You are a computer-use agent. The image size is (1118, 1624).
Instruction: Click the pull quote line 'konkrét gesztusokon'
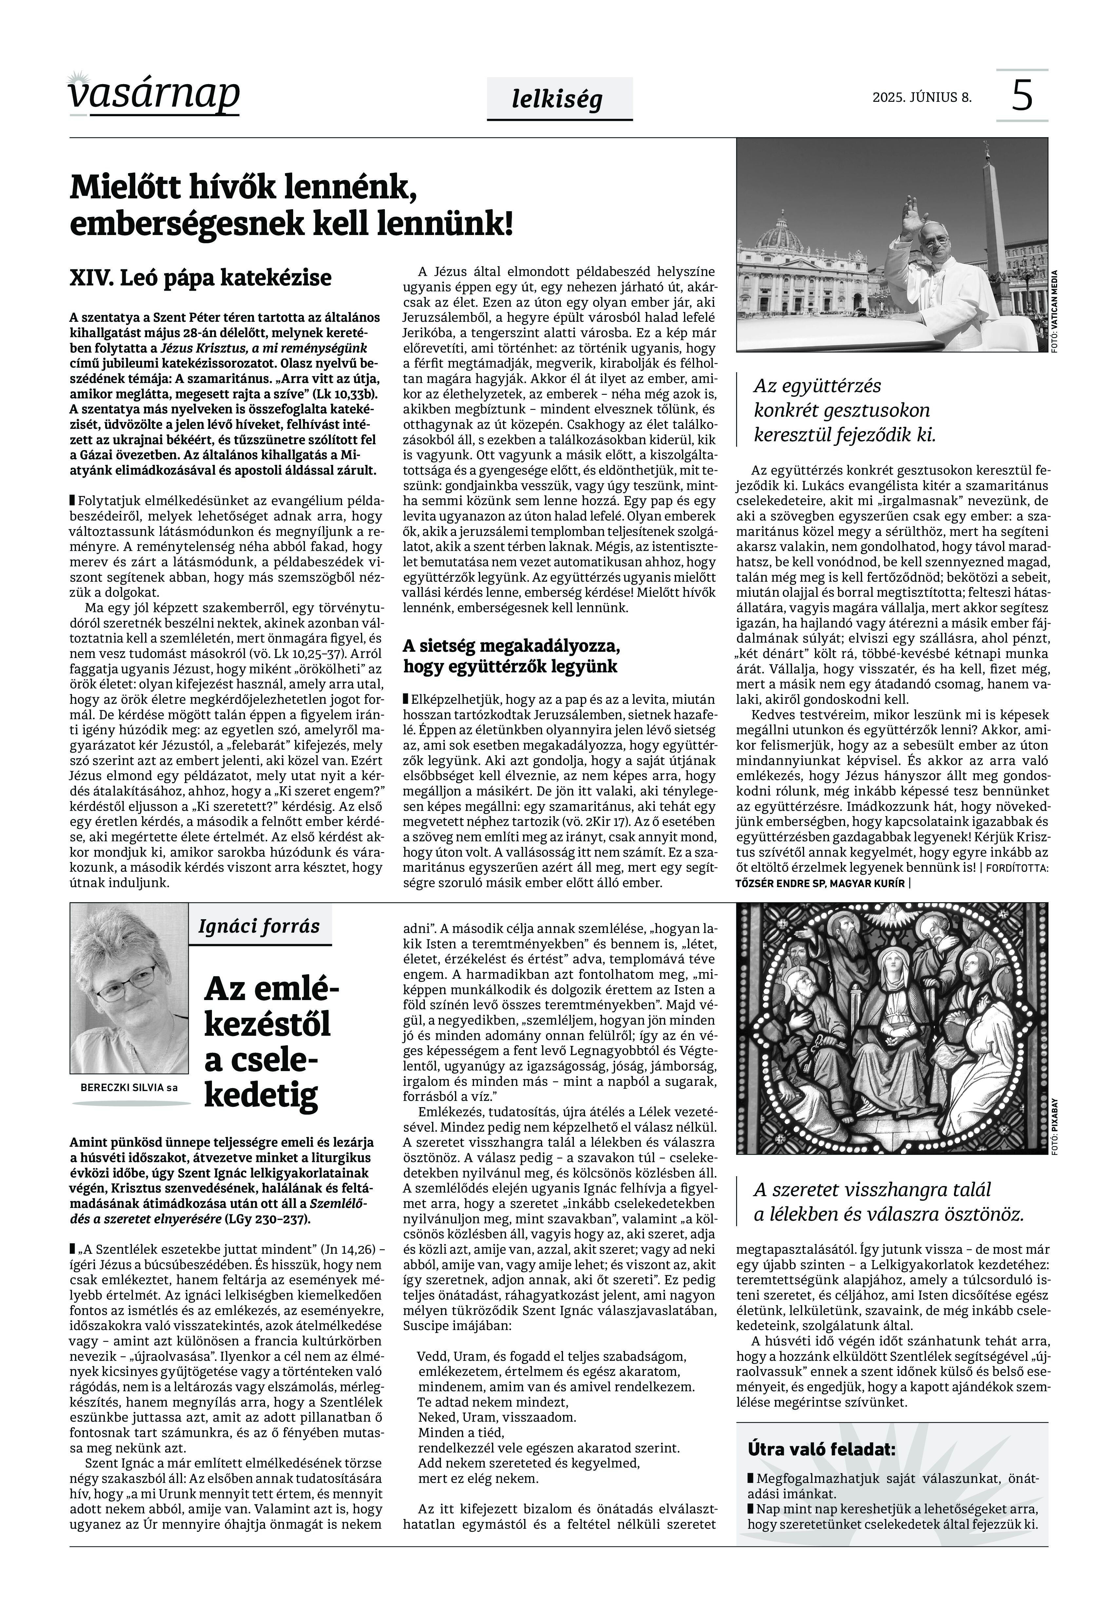(x=841, y=410)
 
